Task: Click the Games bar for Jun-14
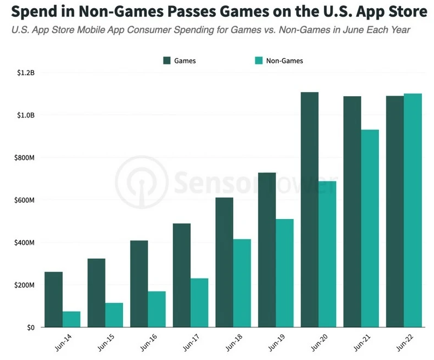[x=54, y=299]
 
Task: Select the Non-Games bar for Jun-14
[x=72, y=320]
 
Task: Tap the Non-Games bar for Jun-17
[x=200, y=303]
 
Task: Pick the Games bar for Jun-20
[x=310, y=210]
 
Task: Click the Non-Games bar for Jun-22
[x=413, y=210]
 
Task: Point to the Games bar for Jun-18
[x=225, y=262]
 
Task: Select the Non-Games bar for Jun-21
[x=370, y=228]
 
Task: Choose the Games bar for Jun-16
[x=139, y=284]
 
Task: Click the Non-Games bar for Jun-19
[x=285, y=273]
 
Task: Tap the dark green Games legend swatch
[x=167, y=61]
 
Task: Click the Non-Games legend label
[x=285, y=61]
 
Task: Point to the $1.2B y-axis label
[x=26, y=73]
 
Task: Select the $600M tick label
[x=25, y=200]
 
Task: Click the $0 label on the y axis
[x=31, y=328]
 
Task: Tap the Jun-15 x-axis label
[x=106, y=343]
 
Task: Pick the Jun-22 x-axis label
[x=404, y=343]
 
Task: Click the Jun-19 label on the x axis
[x=277, y=343]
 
